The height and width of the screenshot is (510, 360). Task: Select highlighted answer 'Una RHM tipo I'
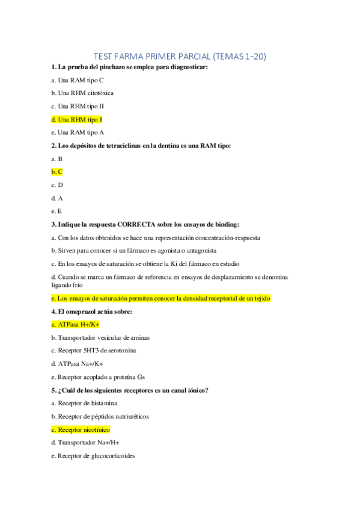pos(77,119)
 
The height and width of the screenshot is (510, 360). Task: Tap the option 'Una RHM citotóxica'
pos(82,93)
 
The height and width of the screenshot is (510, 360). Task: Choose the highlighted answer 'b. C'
pos(57,172)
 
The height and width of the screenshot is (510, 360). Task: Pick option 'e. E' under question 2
pos(56,211)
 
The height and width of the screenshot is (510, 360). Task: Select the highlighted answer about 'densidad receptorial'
pos(161,298)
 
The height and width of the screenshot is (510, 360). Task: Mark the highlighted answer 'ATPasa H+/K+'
pos(76,324)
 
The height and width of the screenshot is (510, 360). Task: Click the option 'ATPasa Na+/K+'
pos(80,364)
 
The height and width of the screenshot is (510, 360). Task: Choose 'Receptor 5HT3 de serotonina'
pos(97,351)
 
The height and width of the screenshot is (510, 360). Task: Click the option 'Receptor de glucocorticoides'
pos(96,456)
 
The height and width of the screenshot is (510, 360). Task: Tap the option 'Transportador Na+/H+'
pos(88,443)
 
